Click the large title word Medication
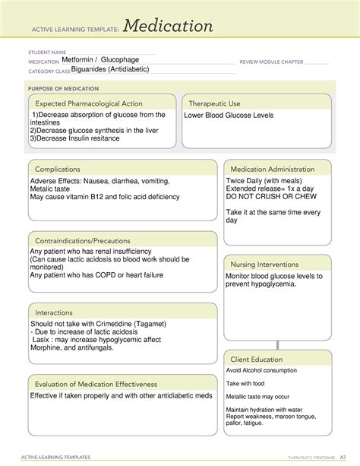(168, 27)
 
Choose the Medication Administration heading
(272, 169)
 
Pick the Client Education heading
(257, 359)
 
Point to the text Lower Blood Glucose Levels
(228, 116)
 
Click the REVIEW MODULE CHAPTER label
(271, 62)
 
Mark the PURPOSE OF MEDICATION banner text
(59, 88)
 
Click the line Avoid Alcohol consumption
(261, 371)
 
